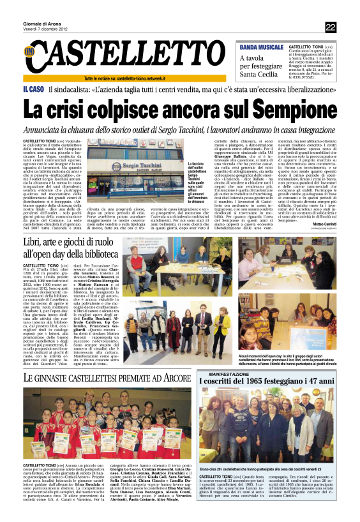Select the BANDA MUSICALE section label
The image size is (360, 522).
tap(262, 47)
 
